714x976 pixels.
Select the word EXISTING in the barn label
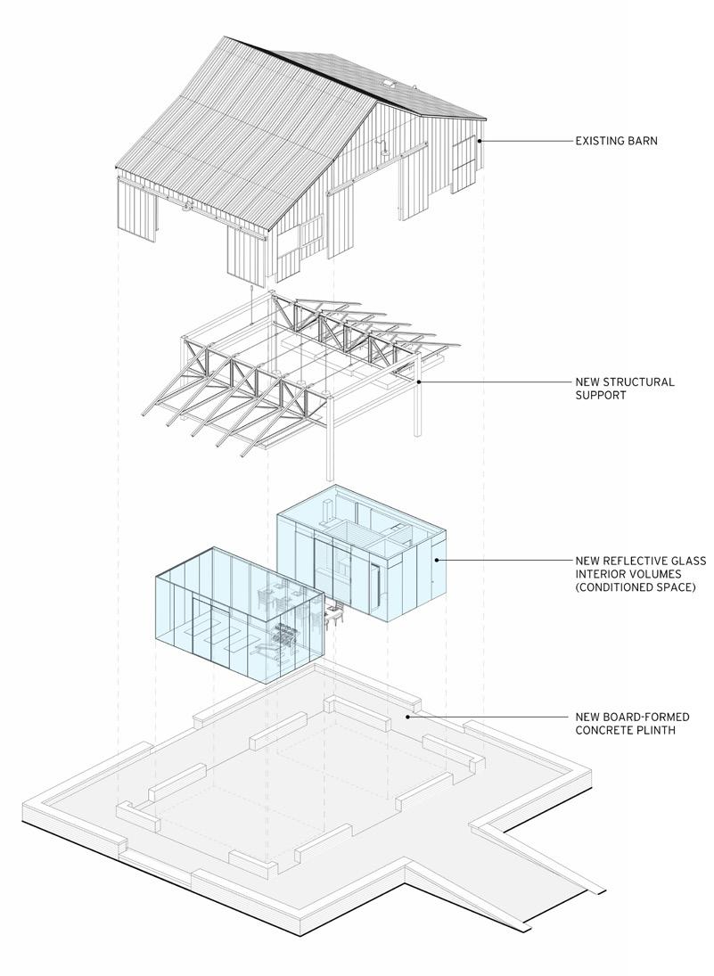click(x=599, y=140)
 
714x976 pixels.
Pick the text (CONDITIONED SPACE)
click(x=635, y=587)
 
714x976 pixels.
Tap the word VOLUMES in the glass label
click(x=655, y=574)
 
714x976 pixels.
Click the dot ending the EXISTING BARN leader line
click(x=480, y=141)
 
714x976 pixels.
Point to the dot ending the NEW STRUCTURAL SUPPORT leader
click(x=418, y=382)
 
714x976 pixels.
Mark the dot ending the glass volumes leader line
click(x=436, y=561)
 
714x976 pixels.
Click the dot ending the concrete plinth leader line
click(x=407, y=717)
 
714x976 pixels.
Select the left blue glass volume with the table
click(x=236, y=615)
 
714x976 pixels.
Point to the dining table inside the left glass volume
click(x=288, y=634)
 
